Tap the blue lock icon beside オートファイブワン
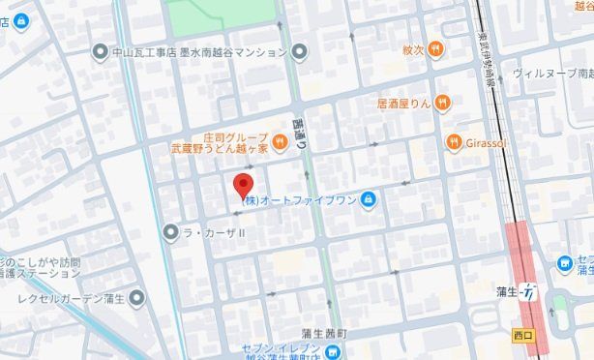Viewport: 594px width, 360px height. tap(368, 200)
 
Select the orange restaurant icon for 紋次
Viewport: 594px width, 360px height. tap(437, 47)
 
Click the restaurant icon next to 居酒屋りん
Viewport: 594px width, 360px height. tap(443, 101)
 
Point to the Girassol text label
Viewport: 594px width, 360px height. tap(488, 142)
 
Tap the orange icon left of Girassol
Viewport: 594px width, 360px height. tap(455, 142)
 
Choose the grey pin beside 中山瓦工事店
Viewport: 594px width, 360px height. tap(99, 51)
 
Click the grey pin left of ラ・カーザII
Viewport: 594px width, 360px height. tap(170, 231)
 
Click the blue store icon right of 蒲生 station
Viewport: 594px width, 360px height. tap(565, 263)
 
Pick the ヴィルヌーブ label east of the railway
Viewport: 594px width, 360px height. tap(551, 74)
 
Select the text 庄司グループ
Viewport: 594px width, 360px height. tap(235, 138)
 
